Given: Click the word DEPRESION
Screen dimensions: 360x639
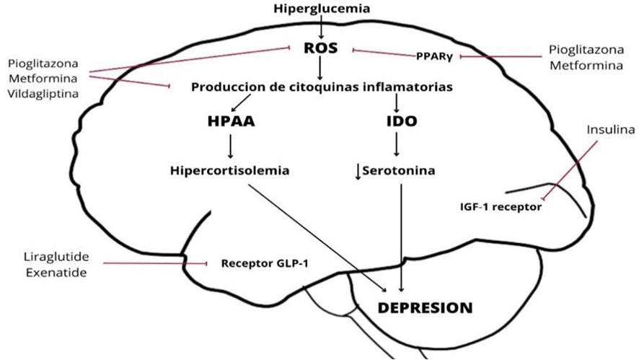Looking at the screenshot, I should [426, 307].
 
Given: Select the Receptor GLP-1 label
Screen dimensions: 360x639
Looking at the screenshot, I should [265, 263].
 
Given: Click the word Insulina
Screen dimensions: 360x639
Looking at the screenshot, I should [609, 131].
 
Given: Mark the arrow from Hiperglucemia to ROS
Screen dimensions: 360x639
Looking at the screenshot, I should [319, 27].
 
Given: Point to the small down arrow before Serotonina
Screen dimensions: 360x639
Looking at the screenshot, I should [357, 172].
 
